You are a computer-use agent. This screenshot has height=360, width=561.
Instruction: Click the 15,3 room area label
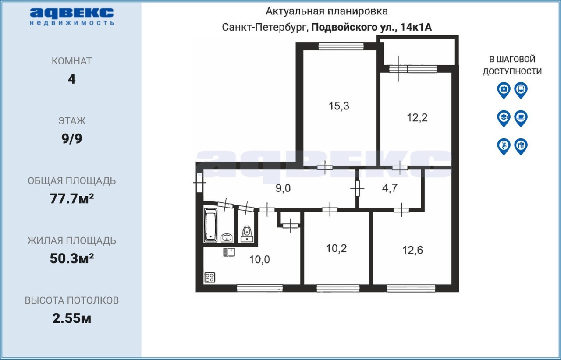(339, 106)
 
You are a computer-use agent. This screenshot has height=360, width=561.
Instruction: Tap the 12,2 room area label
(417, 118)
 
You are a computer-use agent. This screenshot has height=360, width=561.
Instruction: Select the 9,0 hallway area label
(283, 188)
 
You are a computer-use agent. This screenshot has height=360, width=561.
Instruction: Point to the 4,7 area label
(390, 188)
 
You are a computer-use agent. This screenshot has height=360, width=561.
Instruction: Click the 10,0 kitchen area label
(259, 260)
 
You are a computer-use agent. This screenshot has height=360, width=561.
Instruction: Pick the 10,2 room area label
(336, 249)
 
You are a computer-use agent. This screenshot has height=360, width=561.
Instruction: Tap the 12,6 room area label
(412, 250)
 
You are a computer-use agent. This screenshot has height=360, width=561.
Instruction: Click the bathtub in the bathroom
(211, 225)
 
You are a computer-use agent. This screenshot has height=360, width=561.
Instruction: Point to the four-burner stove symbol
(209, 277)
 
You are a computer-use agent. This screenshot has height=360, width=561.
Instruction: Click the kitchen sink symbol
(229, 252)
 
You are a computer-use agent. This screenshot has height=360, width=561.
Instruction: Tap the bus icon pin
(521, 90)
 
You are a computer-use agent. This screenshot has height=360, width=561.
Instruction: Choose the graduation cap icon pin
(504, 118)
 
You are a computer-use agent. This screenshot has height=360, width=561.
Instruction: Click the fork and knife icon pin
(521, 146)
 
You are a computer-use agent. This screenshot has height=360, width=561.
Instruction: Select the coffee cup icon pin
(521, 118)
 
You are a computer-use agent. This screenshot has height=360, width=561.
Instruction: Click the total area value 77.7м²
(71, 199)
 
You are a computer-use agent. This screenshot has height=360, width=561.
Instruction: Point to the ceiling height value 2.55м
(71, 318)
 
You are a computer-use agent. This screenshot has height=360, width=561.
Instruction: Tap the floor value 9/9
(72, 139)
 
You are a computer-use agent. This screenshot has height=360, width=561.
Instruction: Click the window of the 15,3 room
(341, 46)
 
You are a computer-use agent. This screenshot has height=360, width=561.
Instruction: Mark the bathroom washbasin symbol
(227, 238)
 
